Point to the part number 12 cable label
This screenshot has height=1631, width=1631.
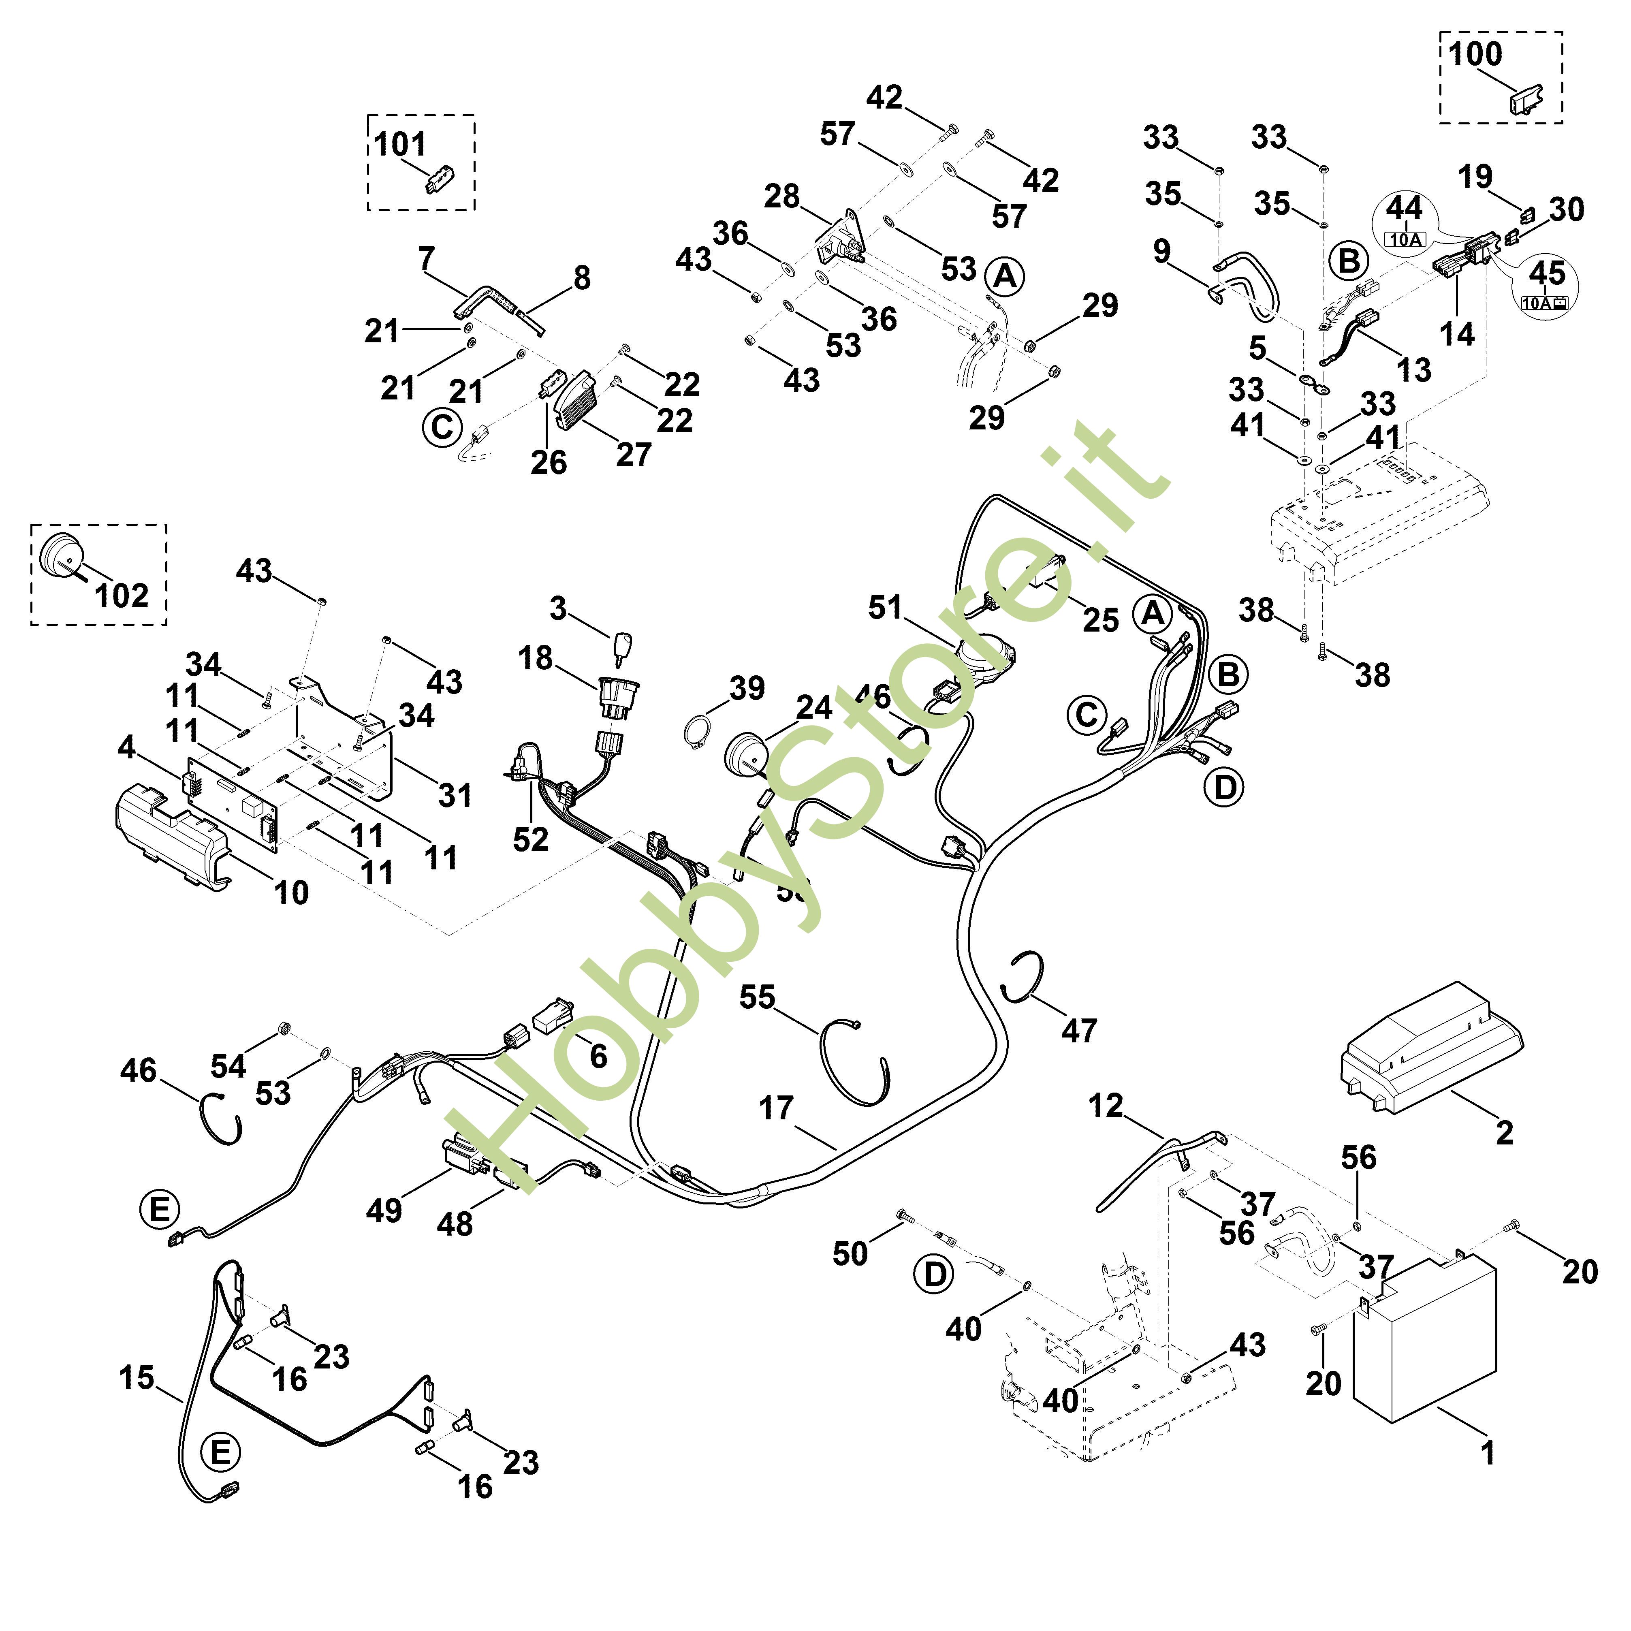[1105, 1105]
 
